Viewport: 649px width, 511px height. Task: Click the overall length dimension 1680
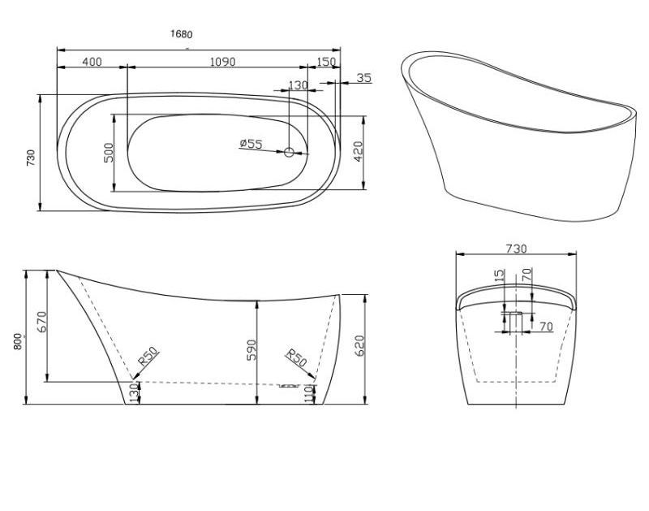point(181,34)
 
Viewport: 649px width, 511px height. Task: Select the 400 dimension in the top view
point(92,63)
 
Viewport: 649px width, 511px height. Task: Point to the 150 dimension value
point(326,63)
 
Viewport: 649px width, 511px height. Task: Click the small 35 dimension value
point(363,78)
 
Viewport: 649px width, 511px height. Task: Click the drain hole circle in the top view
point(290,152)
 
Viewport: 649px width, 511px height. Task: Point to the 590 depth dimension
point(251,350)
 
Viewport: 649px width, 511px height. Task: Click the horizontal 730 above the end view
point(516,249)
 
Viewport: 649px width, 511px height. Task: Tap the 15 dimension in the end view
point(500,275)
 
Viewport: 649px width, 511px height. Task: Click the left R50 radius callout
point(148,356)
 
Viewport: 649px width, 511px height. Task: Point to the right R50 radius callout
point(296,358)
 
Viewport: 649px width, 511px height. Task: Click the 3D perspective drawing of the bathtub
point(519,134)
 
